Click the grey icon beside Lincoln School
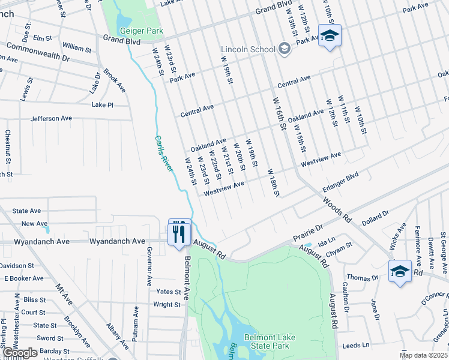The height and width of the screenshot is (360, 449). [285, 49]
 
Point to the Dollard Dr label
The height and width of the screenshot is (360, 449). [375, 216]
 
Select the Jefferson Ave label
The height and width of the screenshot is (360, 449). [51, 118]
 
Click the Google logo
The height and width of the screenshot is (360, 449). [20, 353]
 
